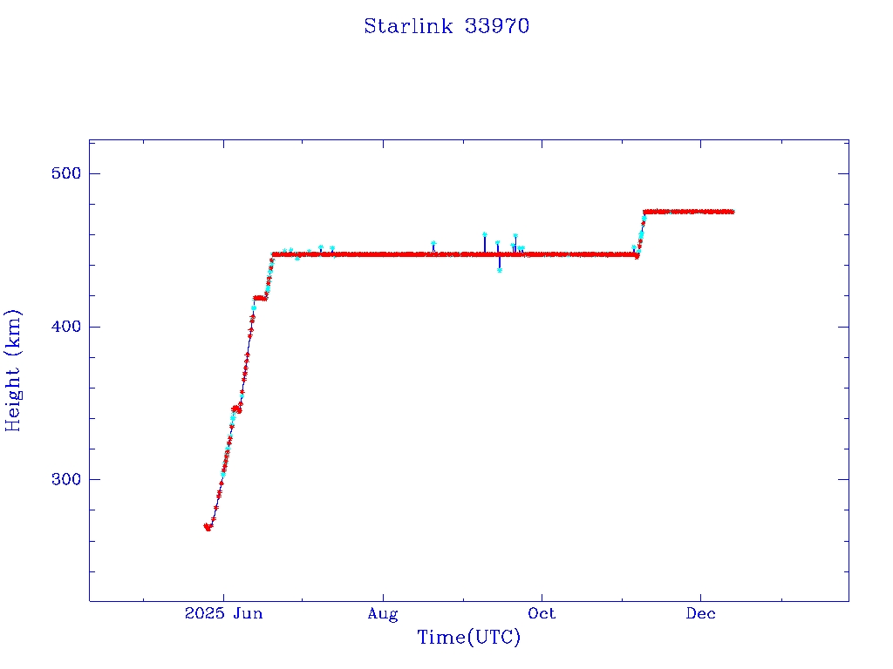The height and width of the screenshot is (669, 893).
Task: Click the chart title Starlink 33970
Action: (446, 26)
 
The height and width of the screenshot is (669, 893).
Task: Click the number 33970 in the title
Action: (497, 26)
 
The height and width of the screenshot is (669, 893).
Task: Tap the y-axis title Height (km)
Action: (13, 370)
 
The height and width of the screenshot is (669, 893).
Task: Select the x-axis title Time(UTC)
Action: (469, 638)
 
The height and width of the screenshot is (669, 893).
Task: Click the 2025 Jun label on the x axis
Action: (223, 614)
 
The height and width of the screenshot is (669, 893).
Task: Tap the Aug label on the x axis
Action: (382, 614)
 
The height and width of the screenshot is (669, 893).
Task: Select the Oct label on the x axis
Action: (542, 614)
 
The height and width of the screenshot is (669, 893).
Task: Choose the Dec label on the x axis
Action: (700, 614)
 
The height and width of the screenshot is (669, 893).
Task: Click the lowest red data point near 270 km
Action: (208, 528)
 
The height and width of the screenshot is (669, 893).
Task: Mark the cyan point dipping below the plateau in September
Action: (500, 270)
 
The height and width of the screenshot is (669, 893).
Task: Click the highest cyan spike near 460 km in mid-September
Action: (485, 234)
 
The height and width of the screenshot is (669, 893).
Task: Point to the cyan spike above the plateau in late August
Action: (433, 244)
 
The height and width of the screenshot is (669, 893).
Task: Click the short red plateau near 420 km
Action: (259, 298)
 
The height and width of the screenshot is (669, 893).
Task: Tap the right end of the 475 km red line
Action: (732, 212)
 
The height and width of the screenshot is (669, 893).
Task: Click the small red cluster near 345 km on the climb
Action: (236, 409)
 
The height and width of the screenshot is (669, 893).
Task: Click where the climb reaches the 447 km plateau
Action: (274, 254)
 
